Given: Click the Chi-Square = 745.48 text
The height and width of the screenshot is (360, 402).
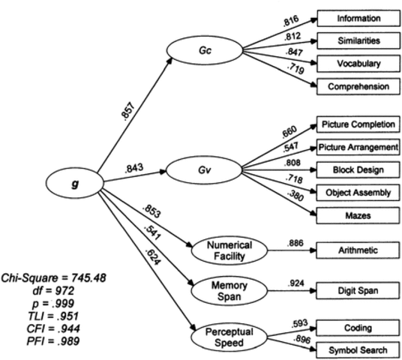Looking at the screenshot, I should pyautogui.click(x=53, y=277).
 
